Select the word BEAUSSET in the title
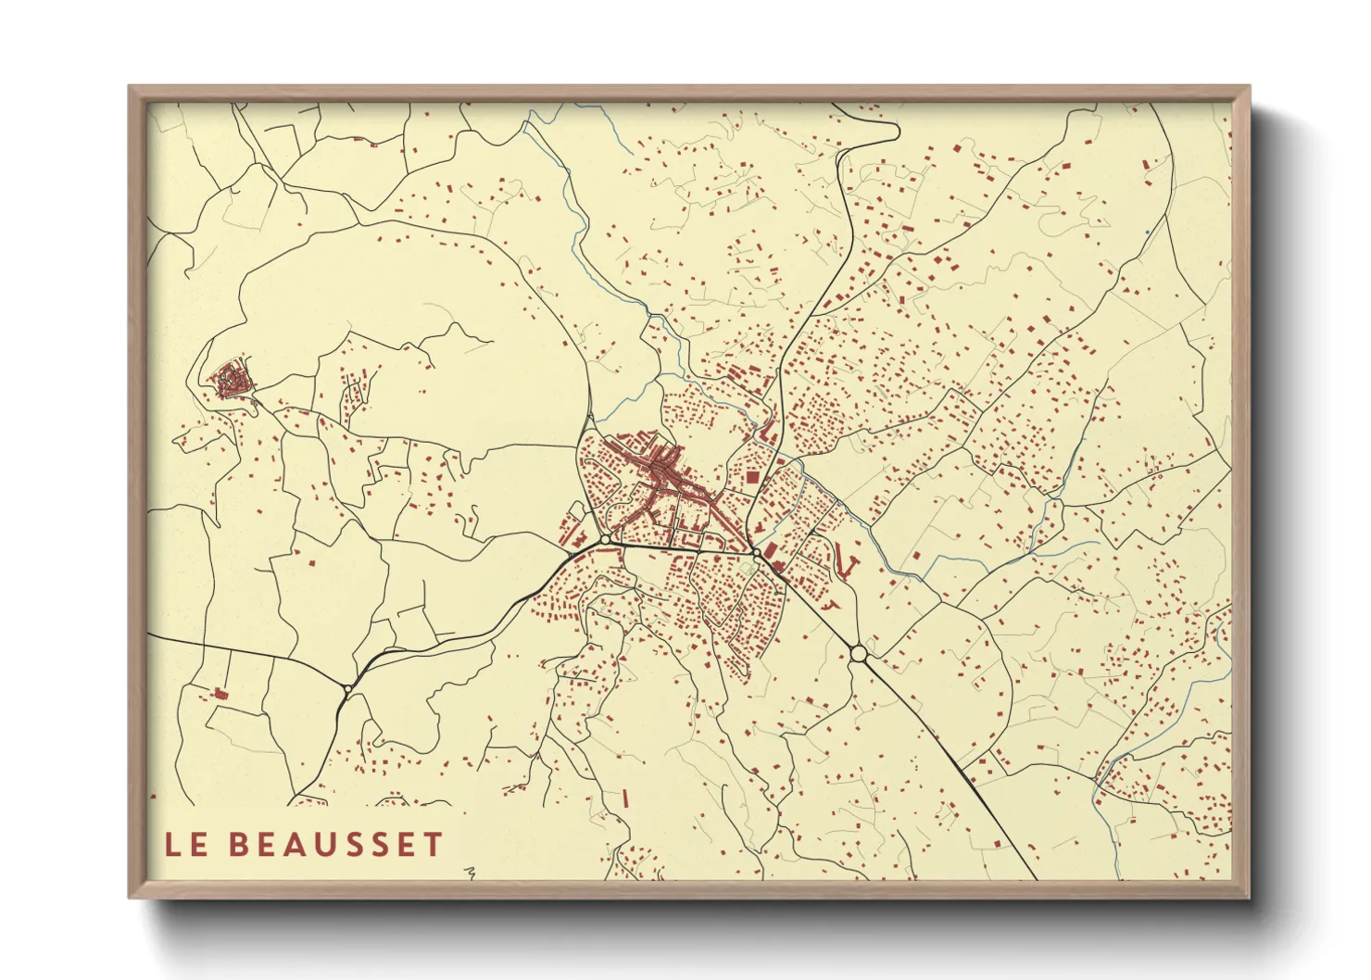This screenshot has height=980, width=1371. point(335,844)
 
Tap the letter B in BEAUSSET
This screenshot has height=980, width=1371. point(239,844)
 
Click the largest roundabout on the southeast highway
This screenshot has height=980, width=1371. point(859,654)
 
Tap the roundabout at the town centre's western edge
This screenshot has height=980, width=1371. point(605,539)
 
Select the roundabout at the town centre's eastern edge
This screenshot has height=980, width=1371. point(757,553)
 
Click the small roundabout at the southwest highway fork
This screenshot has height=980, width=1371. point(346,689)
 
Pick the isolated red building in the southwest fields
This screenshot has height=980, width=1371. point(220,693)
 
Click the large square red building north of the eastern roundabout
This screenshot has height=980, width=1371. point(752,477)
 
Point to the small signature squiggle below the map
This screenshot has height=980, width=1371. point(472,872)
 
